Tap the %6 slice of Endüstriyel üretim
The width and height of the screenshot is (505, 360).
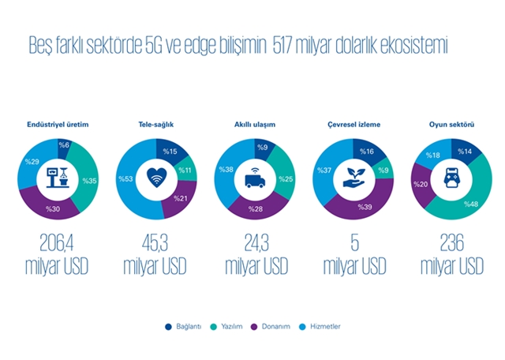pos(65,145)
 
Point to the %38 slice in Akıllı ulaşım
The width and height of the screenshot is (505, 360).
pos(227,169)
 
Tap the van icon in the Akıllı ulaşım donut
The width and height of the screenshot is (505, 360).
pos(255,178)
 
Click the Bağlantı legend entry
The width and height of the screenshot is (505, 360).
pos(187,326)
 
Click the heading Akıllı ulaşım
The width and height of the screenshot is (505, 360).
pos(254,124)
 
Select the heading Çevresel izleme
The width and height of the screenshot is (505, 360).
pos(353,124)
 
